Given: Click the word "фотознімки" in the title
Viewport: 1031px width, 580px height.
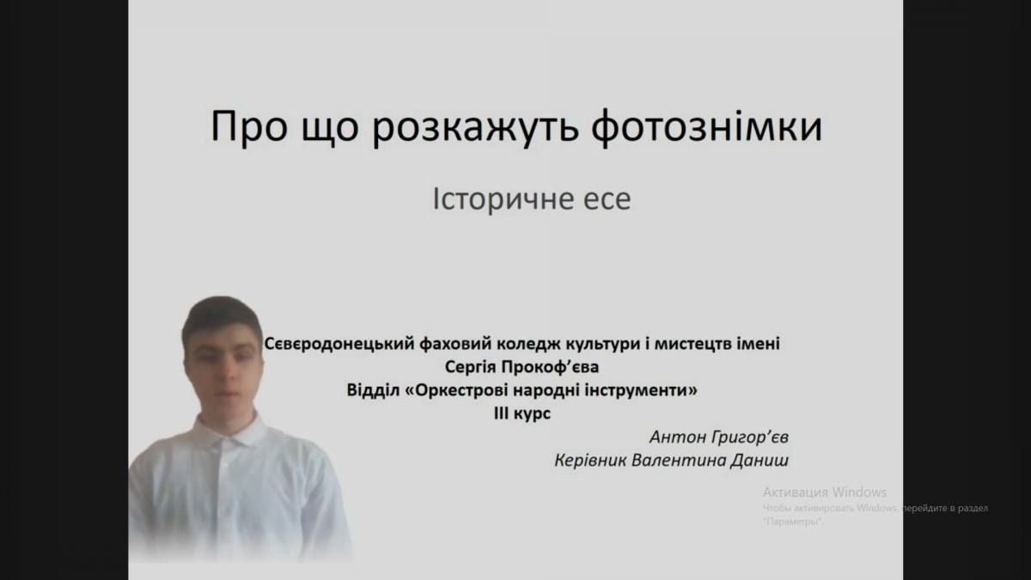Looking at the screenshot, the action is [x=706, y=126].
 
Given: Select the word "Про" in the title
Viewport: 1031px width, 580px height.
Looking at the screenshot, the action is [x=249, y=126].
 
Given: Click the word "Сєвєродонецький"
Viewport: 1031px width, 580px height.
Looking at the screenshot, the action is [x=339, y=344].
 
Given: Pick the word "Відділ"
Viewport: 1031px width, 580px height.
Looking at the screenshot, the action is [x=373, y=390].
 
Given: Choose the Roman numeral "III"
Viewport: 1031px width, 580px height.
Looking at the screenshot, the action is [x=502, y=414].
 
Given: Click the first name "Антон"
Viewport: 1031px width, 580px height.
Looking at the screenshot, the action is [x=678, y=437].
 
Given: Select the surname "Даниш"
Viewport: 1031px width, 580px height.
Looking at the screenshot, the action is [x=760, y=461].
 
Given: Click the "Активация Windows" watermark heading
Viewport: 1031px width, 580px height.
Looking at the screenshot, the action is [x=825, y=492].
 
